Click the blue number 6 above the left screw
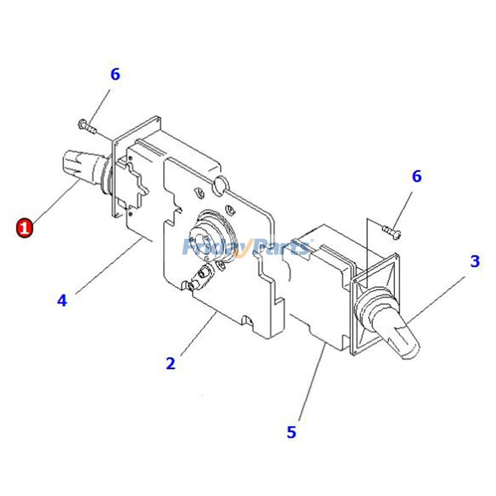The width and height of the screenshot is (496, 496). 115,74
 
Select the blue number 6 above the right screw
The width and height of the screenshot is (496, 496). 417,177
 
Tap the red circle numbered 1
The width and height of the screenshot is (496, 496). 24,228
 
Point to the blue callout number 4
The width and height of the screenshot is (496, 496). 62,301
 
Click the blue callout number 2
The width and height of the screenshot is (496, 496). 170,363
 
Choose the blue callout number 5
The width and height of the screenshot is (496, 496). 291,432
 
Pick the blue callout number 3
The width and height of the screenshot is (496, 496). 474,262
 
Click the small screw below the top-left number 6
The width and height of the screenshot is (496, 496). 87,127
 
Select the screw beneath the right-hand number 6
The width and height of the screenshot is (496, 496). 391,231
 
